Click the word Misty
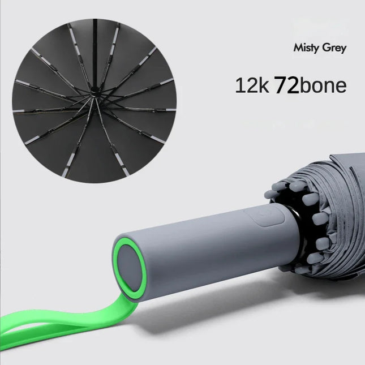(305, 48)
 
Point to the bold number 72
(286, 86)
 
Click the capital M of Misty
(298, 47)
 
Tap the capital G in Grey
(325, 47)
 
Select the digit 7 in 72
(280, 86)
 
